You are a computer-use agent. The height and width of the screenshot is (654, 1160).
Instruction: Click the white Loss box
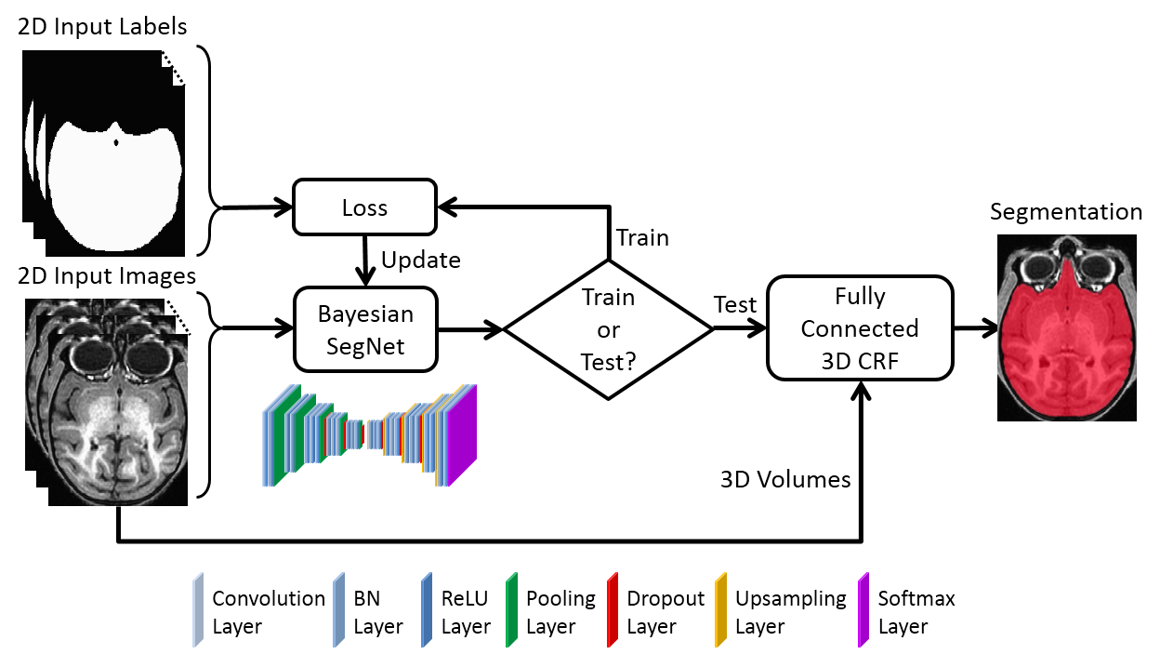point(364,207)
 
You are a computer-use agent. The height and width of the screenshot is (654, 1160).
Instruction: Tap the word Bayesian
point(365,314)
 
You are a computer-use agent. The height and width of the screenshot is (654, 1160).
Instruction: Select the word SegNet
point(365,348)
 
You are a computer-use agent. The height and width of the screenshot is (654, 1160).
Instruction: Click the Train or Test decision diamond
point(608,329)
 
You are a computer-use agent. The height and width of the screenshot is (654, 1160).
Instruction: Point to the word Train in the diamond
point(608,298)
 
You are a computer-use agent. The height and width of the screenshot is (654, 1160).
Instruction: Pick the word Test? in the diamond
point(608,362)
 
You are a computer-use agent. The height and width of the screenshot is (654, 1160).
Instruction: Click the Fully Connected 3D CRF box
point(860,328)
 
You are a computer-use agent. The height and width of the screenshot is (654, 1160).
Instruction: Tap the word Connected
point(860,328)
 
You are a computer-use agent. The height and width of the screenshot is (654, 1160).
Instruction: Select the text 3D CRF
point(860,361)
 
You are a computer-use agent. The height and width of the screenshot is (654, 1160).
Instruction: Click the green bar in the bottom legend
point(511,610)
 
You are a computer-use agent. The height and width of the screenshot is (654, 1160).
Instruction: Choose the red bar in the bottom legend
point(613,610)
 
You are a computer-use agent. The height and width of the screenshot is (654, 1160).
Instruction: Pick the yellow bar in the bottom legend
point(720,610)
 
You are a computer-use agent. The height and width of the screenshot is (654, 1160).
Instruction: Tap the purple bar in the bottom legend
point(863,610)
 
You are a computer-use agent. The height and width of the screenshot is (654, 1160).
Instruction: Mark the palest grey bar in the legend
point(197,610)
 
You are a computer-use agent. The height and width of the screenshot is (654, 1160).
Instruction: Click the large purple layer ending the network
point(462,435)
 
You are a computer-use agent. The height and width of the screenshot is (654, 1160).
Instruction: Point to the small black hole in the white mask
point(115,142)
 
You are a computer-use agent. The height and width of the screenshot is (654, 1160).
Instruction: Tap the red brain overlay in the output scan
point(1065,344)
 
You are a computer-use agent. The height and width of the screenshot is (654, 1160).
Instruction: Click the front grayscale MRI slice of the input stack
point(118,419)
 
